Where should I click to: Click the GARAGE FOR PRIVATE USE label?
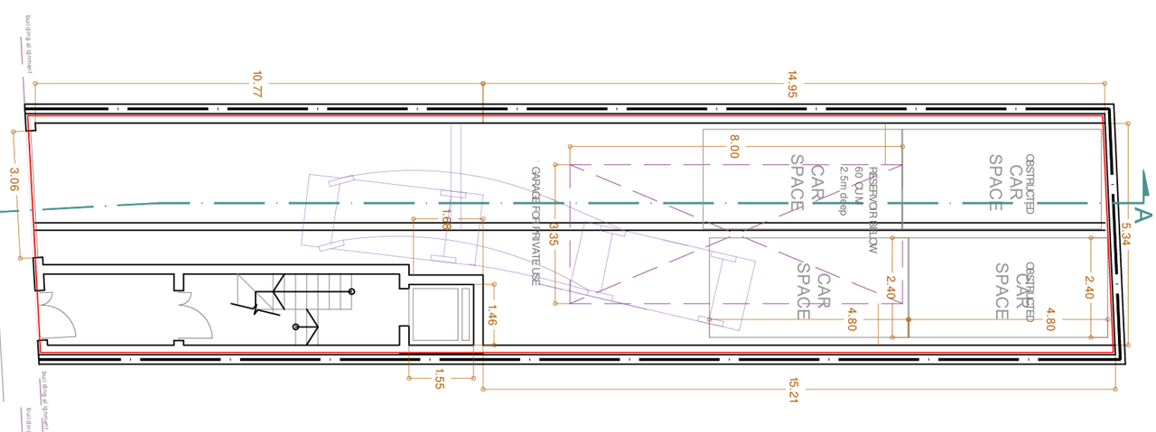tap(536, 226)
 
